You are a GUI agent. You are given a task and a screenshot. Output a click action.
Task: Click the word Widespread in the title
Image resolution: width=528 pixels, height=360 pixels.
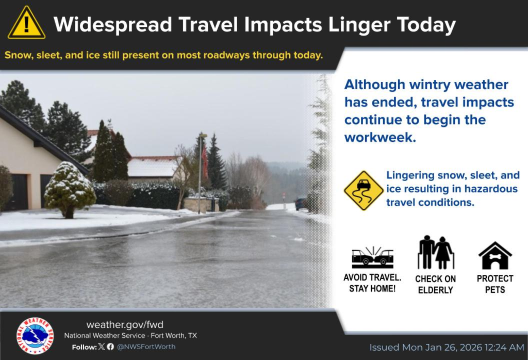[x=113, y=25]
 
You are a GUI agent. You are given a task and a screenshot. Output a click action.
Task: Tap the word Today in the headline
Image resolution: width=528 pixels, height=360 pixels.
[x=426, y=25]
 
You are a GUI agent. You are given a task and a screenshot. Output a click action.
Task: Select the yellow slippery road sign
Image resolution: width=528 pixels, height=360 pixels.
[x=364, y=191]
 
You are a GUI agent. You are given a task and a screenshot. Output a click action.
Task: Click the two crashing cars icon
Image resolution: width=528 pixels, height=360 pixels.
[x=372, y=257]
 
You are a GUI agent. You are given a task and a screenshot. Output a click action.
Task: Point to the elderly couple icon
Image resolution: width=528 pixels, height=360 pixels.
[x=436, y=252]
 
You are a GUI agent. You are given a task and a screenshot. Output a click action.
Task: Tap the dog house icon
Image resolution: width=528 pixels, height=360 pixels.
[x=495, y=256]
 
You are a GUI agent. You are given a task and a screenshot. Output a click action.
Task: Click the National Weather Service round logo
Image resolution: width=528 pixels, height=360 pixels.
[x=35, y=335]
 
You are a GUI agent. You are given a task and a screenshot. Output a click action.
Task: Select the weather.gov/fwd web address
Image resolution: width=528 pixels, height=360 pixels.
[x=125, y=324]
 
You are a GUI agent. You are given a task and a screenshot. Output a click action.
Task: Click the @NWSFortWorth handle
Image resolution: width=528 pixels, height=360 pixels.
[x=146, y=347]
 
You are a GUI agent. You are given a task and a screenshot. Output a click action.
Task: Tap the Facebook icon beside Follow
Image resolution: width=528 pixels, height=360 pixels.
[x=110, y=347]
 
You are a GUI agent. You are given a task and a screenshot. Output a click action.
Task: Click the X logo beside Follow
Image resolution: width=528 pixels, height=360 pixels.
[x=102, y=347]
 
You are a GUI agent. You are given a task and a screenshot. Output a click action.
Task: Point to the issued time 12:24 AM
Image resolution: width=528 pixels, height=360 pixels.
[x=504, y=347]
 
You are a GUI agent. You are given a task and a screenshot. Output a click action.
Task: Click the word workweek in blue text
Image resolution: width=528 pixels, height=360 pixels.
[x=380, y=137]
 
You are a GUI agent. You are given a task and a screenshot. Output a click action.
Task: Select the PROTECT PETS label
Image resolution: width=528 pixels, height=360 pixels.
[x=495, y=284]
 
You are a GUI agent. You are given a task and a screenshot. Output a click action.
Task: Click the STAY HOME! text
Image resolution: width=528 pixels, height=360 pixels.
[x=372, y=289]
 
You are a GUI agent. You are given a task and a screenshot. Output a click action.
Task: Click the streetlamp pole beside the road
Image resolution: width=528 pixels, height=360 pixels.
[x=200, y=173]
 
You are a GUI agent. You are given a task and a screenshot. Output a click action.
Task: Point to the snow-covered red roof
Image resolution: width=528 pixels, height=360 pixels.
[x=153, y=167]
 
